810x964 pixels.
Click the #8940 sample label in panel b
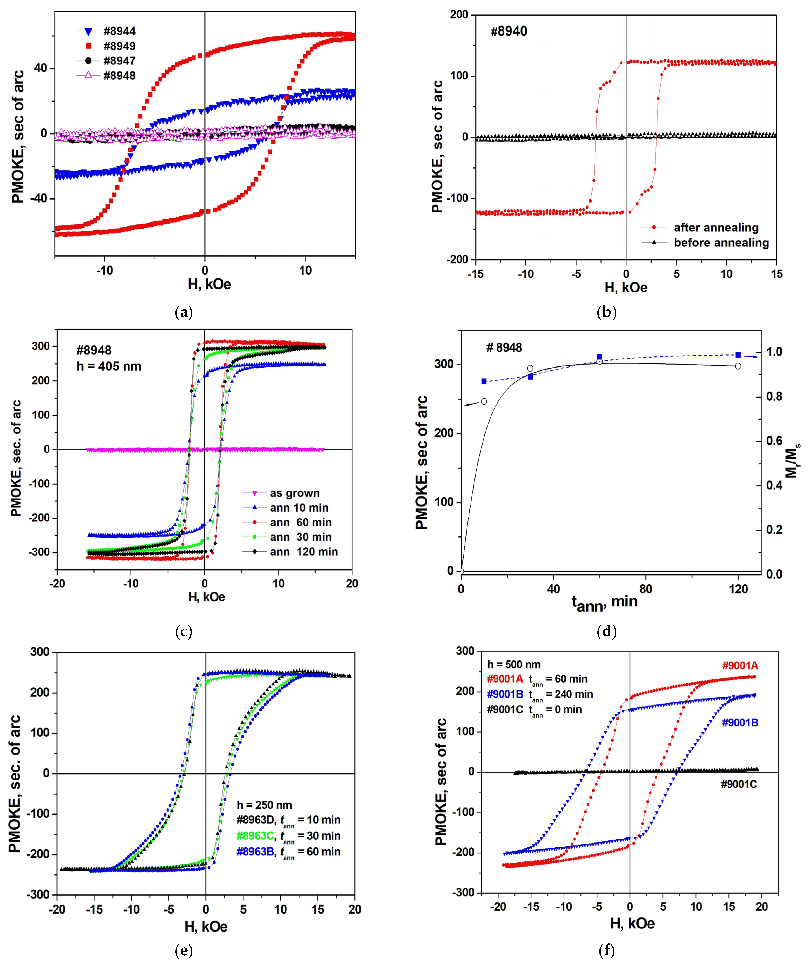[509, 31]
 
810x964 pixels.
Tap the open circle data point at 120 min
[738, 366]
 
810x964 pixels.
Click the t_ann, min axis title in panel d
[604, 603]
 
